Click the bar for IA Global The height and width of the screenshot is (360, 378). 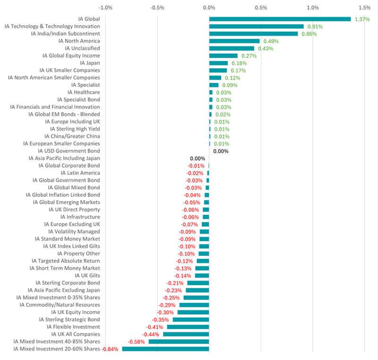[x=280, y=19]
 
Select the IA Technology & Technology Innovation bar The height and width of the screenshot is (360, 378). [x=256, y=26]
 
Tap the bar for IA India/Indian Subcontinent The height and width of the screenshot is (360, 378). [x=253, y=34]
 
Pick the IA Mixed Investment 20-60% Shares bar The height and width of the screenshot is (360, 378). [x=165, y=349]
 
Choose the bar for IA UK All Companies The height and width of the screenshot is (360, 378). [x=186, y=334]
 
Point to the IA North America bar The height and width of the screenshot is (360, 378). [x=234, y=41]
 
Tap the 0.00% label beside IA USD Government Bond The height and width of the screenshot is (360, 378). [x=221, y=151]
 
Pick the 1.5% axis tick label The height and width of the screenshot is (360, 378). [x=364, y=8]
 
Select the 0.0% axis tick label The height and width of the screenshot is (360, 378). [x=209, y=8]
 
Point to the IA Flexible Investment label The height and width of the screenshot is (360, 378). [x=73, y=327]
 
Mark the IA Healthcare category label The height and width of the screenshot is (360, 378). [x=84, y=92]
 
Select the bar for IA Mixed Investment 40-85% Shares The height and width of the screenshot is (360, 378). [x=179, y=342]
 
